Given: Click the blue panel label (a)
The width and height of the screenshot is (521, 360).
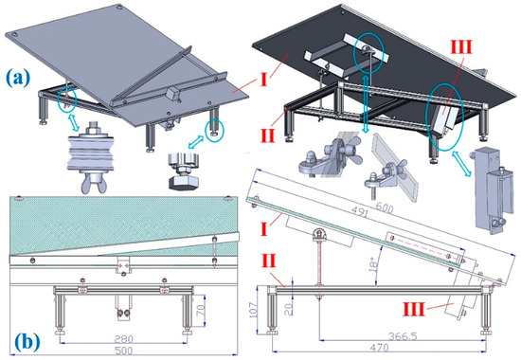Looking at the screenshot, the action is [x=18, y=78].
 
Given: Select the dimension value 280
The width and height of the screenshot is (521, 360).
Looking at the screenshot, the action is [x=123, y=339].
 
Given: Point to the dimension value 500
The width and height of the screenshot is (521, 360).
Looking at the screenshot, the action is [x=123, y=351].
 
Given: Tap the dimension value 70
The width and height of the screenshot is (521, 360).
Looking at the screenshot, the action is [x=201, y=311].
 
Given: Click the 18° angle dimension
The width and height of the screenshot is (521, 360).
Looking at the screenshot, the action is [x=374, y=264].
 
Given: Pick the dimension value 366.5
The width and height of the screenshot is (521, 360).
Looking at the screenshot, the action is [x=403, y=336].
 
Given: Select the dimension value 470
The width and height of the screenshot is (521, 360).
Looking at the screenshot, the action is [x=379, y=348].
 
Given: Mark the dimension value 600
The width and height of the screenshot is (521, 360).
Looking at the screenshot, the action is [x=384, y=207].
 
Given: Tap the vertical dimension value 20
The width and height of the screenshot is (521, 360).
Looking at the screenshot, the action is [x=290, y=309].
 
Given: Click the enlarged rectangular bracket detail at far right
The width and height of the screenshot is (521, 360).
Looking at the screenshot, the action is [x=489, y=190].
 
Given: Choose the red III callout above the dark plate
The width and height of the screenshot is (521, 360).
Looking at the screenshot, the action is [x=461, y=47].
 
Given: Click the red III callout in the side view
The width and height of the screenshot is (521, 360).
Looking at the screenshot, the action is [x=414, y=309].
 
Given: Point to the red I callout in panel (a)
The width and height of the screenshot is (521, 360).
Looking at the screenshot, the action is [x=263, y=80].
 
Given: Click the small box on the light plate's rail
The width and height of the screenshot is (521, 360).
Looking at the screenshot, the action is [x=173, y=94].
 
